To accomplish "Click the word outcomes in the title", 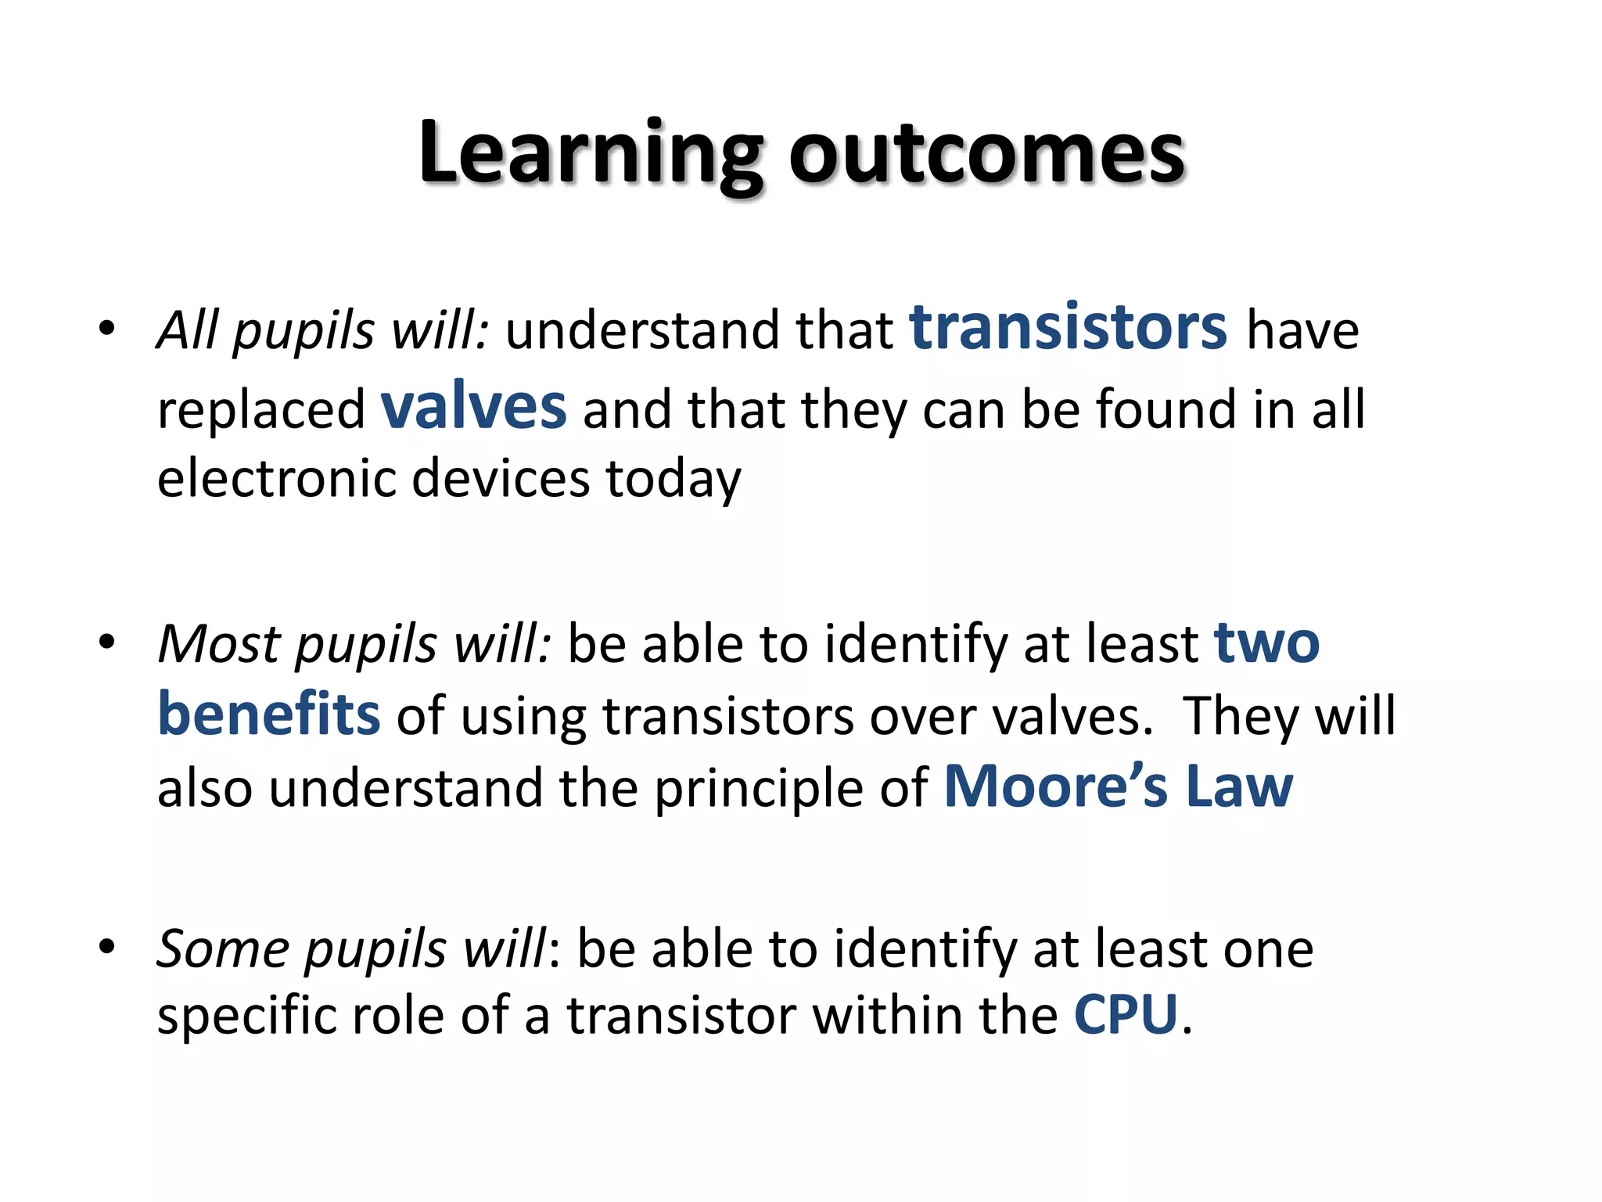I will [987, 154].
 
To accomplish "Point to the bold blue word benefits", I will [269, 714].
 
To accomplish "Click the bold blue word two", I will [1266, 644].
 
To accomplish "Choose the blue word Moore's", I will [1056, 786].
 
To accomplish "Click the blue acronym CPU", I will [1126, 1016].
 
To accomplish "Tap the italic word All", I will [188, 329].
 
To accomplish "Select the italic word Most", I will [219, 644].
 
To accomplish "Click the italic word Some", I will [223, 949].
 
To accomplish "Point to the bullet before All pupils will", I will [107, 329].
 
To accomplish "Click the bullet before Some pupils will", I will [107, 948].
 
